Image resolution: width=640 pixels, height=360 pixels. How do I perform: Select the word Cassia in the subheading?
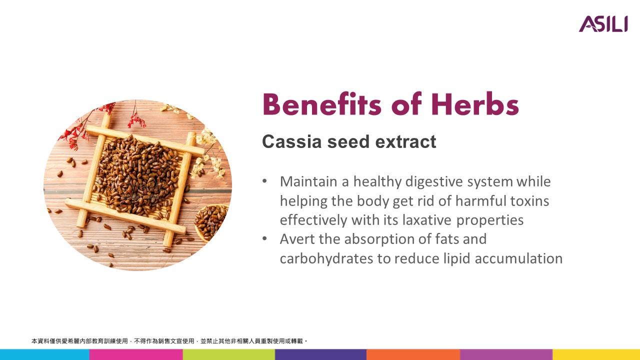(x=292, y=141)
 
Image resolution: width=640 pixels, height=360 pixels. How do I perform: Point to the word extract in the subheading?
(x=405, y=141)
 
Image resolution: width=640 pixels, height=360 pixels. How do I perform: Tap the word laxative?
(x=427, y=220)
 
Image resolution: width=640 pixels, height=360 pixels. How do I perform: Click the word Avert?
(x=297, y=239)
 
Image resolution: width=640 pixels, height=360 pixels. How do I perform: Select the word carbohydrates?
(x=326, y=258)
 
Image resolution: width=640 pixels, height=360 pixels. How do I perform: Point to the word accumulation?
(x=518, y=258)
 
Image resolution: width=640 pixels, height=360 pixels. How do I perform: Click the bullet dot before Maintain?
(x=264, y=181)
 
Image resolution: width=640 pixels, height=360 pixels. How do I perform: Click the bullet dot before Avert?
(x=264, y=238)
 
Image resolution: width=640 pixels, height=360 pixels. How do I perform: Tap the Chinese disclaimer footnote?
(x=169, y=341)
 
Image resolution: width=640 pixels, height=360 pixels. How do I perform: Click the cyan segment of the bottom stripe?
(x=44, y=354)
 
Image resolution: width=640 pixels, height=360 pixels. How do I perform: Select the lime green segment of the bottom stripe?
(x=229, y=354)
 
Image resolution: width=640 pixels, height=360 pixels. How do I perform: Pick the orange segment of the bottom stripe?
(x=413, y=354)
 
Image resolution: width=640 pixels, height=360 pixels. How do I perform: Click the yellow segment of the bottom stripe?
(x=596, y=354)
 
